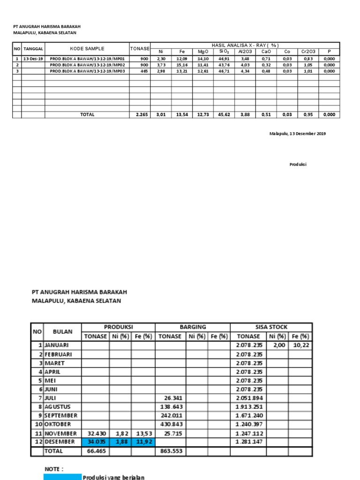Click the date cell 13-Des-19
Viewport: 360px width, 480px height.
(33, 59)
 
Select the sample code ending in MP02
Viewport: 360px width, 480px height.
(87, 65)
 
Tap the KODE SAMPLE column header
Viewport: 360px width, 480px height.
(87, 49)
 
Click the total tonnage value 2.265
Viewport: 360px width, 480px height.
(141, 114)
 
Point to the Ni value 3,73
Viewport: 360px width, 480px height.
(161, 65)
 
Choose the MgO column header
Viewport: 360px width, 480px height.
(203, 52)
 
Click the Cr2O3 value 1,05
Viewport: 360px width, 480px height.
(308, 65)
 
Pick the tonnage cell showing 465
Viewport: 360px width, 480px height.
(144, 71)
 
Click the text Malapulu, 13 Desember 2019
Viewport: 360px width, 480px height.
(297, 134)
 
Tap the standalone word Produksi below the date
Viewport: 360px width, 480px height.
(298, 165)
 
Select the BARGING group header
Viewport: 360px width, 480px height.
(193, 327)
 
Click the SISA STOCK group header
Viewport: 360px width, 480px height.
(271, 327)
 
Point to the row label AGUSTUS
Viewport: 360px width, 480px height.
(59, 406)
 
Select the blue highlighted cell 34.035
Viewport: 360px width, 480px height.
(95, 442)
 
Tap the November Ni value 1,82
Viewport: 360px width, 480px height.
(120, 433)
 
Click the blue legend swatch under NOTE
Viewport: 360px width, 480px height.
(62, 477)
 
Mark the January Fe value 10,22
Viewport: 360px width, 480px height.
(300, 345)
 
